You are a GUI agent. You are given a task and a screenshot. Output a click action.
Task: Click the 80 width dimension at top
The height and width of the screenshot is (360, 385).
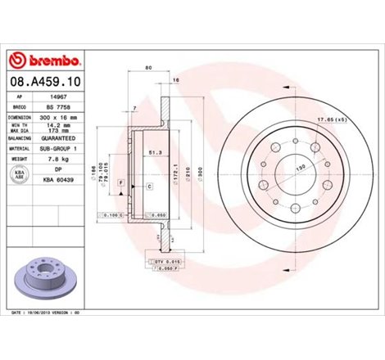[x=148, y=68]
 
